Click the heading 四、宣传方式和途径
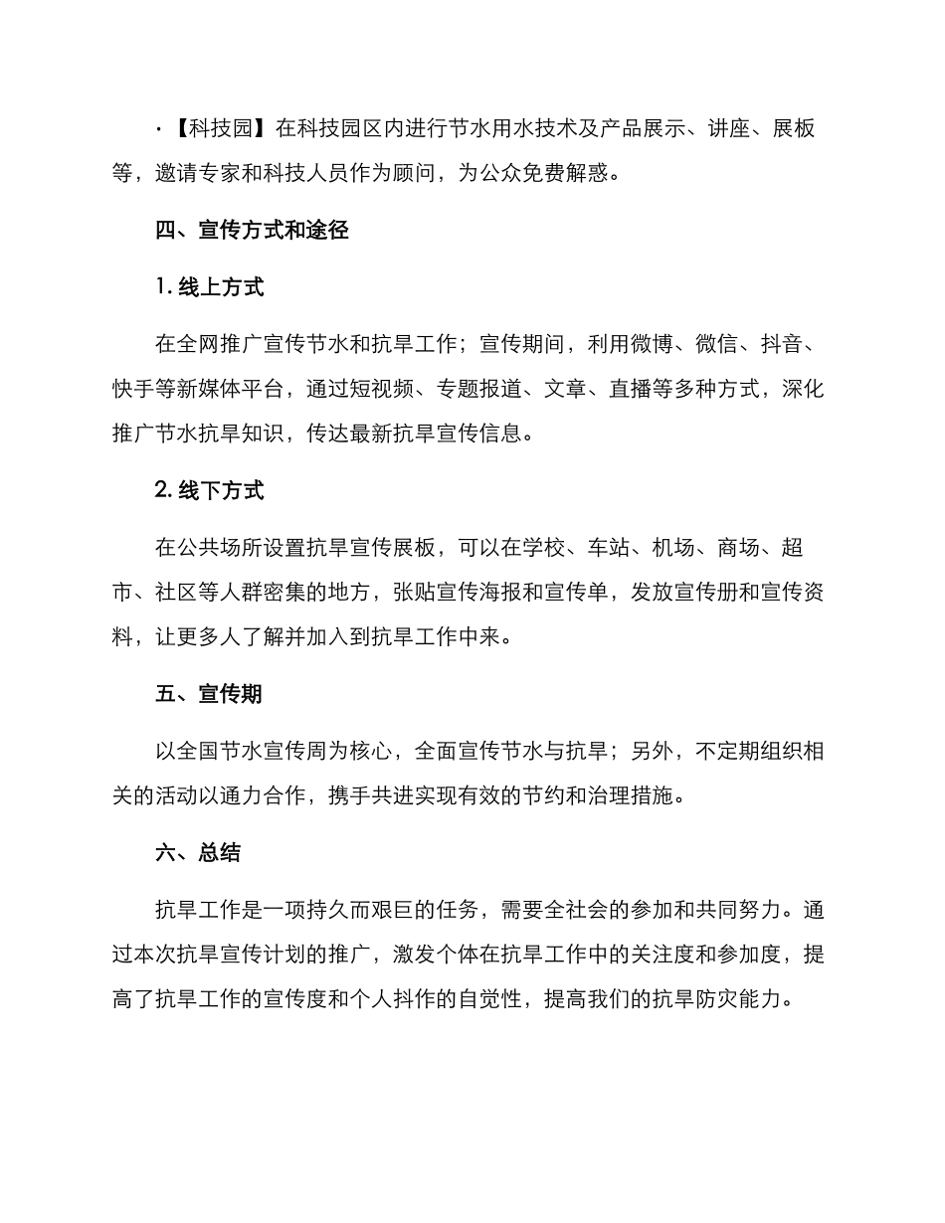tap(252, 232)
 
